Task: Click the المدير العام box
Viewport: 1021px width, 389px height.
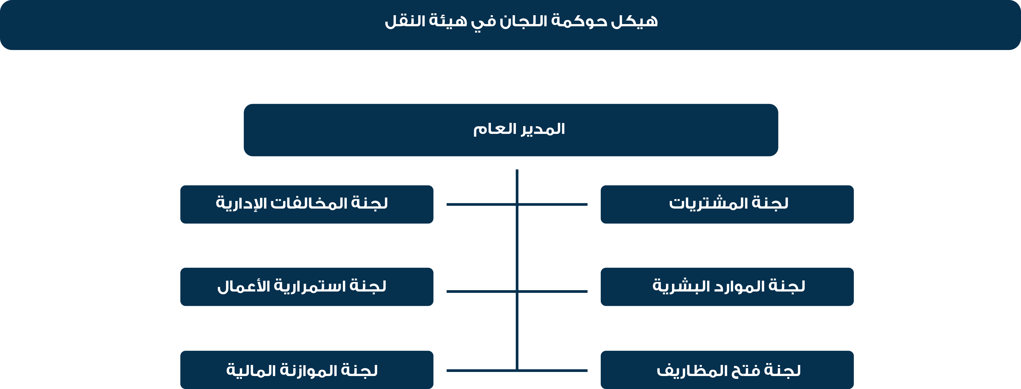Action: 511,130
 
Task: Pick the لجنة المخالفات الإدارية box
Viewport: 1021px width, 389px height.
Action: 307,204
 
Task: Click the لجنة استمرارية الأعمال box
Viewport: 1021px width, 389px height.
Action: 307,287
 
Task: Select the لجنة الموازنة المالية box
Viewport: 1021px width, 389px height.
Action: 307,370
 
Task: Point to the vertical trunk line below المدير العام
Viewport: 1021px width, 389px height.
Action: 517,270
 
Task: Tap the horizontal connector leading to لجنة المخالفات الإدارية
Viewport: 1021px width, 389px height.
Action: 482,204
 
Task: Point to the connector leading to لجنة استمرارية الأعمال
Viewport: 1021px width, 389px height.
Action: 482,292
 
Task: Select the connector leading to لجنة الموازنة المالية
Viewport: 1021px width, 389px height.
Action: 482,371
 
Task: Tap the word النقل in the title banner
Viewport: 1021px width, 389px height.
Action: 405,21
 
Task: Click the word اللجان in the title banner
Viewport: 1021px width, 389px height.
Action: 523,21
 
